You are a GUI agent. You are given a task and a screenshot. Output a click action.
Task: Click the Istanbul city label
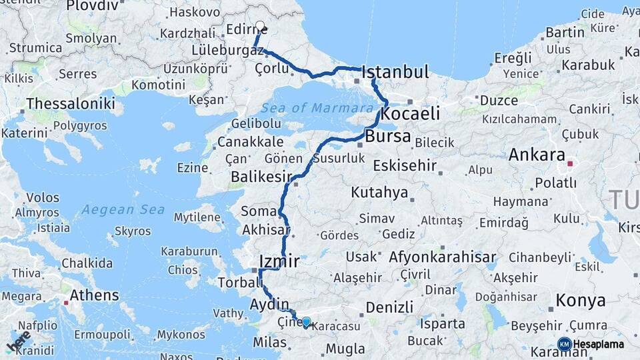tap(395, 72)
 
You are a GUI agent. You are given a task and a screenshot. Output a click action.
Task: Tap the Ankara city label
tap(537, 155)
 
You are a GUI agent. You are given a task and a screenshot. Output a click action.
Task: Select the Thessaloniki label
tap(71, 104)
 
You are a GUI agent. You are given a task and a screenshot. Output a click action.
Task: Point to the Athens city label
tap(94, 295)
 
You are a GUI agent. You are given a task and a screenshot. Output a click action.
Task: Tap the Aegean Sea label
tap(123, 209)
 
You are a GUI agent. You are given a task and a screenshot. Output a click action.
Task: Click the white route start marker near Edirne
tap(260, 27)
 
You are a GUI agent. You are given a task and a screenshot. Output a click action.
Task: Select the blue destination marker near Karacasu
tap(306, 323)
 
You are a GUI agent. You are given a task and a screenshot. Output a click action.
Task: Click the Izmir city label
tap(278, 261)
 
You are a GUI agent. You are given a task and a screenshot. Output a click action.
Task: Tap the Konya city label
tap(581, 300)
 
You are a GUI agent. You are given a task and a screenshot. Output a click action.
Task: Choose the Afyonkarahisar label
tap(442, 257)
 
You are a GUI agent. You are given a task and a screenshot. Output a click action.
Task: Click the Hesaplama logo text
tap(598, 344)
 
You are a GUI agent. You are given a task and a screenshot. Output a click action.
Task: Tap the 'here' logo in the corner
tap(19, 341)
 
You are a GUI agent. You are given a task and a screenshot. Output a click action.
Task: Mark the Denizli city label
tap(389, 307)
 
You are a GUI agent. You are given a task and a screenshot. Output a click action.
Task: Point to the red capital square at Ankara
tap(570, 163)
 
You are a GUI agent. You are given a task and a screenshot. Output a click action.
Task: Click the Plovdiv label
tap(93, 5)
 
